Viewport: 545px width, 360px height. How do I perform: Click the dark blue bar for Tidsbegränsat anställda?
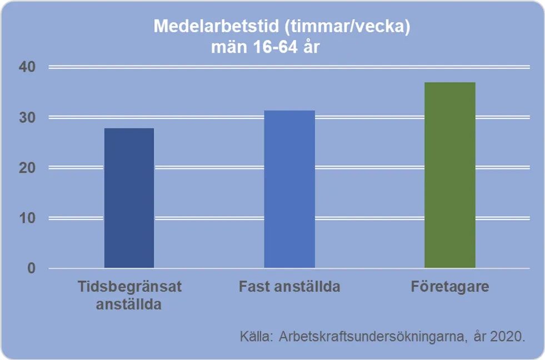point(129,198)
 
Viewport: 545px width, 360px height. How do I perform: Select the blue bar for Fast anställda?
point(289,189)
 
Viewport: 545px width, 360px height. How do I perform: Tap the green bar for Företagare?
point(450,175)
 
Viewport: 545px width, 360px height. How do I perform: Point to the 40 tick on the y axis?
point(27,67)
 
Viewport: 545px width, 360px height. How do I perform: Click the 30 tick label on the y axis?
point(27,117)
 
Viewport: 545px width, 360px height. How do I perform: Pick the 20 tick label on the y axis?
point(27,168)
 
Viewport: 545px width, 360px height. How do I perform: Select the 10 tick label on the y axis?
point(27,218)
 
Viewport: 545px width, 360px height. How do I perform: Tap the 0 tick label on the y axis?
point(32,268)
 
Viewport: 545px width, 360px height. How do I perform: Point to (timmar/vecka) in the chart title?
point(347,27)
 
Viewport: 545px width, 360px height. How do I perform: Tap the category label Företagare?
point(450,287)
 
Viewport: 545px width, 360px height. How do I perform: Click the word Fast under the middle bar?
point(254,287)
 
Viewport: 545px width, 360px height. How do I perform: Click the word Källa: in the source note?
point(257,336)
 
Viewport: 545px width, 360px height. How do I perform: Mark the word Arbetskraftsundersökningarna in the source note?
point(371,337)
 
